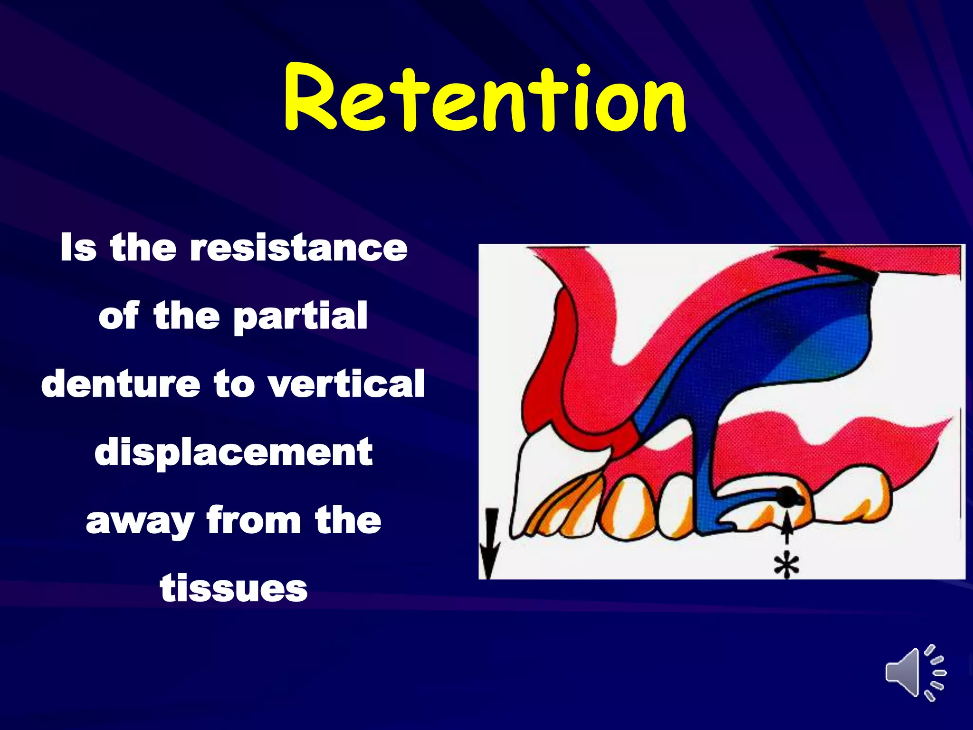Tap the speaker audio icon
point(914,672)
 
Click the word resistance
point(298,248)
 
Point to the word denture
point(121,384)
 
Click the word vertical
point(346,384)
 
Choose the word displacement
point(233,452)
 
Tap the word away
point(140,521)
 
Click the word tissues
point(234,589)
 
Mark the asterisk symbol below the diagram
point(786,565)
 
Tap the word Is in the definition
point(78,248)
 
